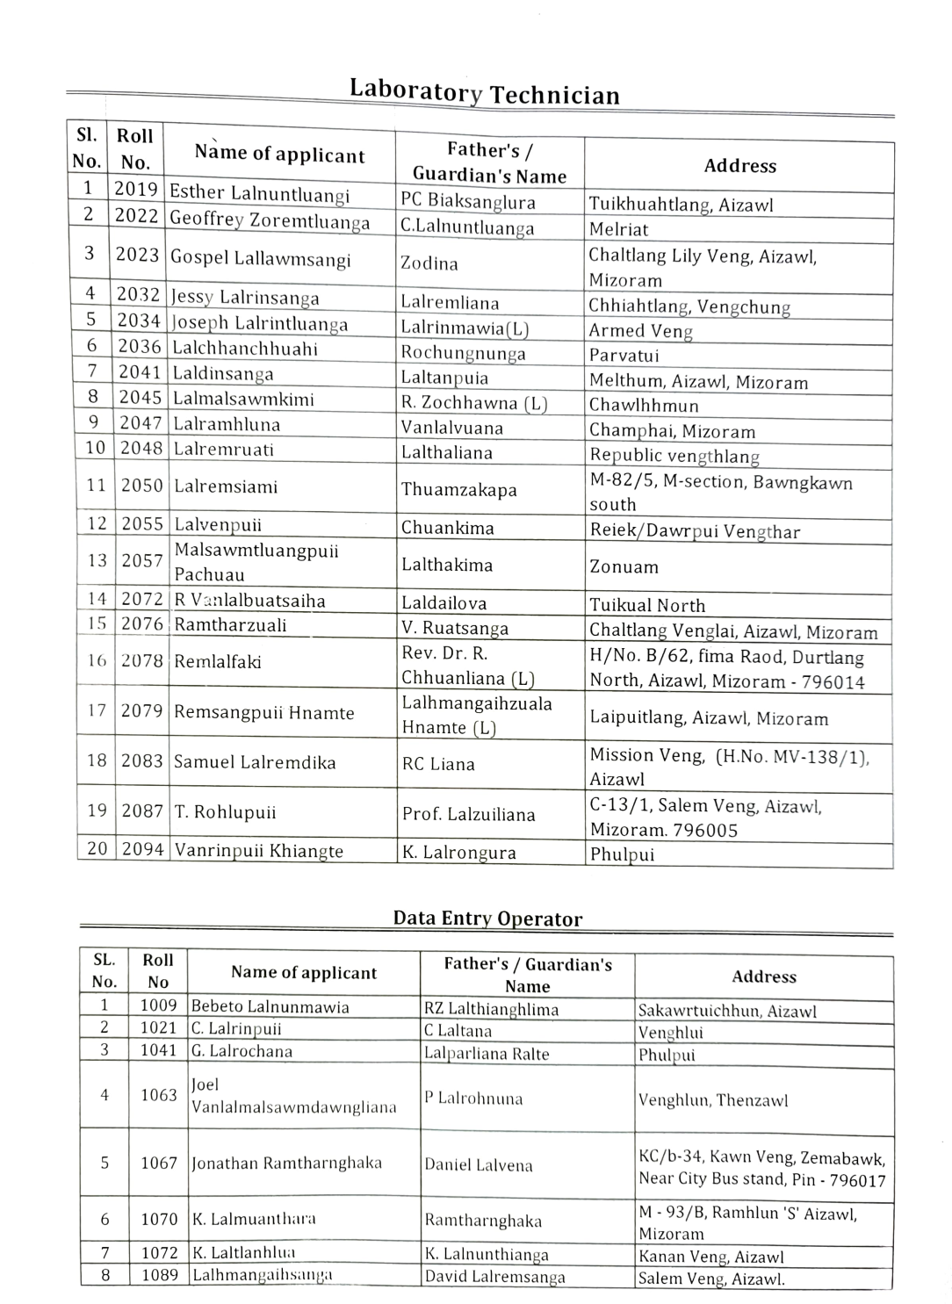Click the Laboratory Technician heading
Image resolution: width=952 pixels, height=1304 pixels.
pyautogui.click(x=484, y=92)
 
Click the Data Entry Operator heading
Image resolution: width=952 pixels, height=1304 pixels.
pyautogui.click(x=487, y=919)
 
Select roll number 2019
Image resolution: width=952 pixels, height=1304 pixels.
pyautogui.click(x=136, y=189)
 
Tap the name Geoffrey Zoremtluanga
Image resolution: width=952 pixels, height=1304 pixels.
pyautogui.click(x=270, y=220)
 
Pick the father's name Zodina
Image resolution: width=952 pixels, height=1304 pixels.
pyautogui.click(x=429, y=263)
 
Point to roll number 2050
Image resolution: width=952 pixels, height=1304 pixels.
pyautogui.click(x=141, y=486)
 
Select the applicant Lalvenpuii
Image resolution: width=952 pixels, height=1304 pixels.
pyautogui.click(x=218, y=524)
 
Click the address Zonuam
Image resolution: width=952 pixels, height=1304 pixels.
pyautogui.click(x=624, y=566)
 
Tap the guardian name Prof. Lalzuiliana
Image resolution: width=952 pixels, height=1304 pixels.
pyautogui.click(x=468, y=814)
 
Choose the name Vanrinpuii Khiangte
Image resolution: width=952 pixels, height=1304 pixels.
pyautogui.click(x=258, y=850)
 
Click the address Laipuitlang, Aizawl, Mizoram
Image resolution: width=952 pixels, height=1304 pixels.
pyautogui.click(x=709, y=718)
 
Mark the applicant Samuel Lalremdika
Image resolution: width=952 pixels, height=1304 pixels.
pyautogui.click(x=255, y=762)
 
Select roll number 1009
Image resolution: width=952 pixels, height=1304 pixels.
pyautogui.click(x=158, y=1005)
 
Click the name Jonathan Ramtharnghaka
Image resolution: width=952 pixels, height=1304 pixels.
pyautogui.click(x=286, y=1163)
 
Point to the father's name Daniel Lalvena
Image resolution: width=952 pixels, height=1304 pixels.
pyautogui.click(x=479, y=1165)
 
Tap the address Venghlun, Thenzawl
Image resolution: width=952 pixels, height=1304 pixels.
pyautogui.click(x=713, y=1100)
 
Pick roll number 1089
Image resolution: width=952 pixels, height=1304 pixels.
pyautogui.click(x=159, y=1275)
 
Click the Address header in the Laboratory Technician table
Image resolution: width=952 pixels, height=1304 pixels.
pyautogui.click(x=739, y=166)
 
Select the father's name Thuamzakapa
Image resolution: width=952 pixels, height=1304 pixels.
pyautogui.click(x=458, y=489)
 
